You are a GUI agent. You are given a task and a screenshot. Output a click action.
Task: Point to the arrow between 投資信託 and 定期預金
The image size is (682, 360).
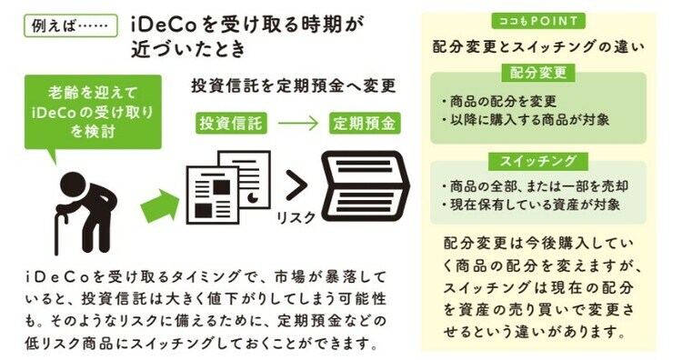point(296,123)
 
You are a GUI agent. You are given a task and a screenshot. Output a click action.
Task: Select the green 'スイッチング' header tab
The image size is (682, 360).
point(538,161)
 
